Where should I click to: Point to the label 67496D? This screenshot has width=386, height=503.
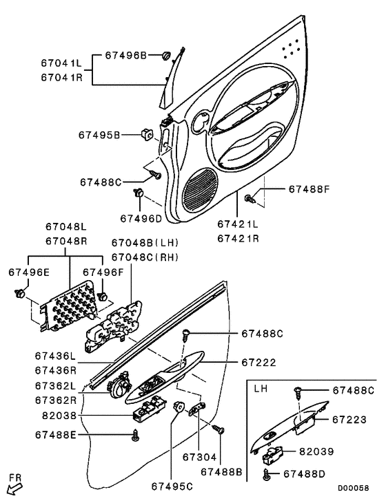[140, 218]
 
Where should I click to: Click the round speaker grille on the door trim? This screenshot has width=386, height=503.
[202, 186]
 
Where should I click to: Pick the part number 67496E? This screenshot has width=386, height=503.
[29, 272]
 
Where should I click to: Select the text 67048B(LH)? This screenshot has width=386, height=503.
[145, 243]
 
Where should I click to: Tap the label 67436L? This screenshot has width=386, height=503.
[57, 356]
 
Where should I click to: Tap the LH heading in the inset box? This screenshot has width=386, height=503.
[261, 387]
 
